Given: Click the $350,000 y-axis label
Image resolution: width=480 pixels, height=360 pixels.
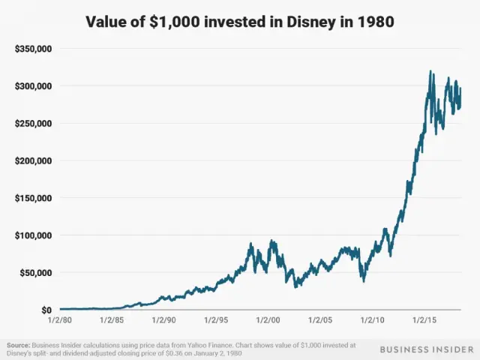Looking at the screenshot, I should click(34, 49).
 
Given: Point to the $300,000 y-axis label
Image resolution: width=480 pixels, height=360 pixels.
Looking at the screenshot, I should click(34, 86).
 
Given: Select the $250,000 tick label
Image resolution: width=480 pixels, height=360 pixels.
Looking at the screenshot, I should click(34, 123).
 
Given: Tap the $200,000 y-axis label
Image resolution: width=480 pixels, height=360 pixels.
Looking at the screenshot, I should click(34, 160).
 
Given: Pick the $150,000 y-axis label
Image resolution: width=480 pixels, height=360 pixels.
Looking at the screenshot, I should click(34, 198).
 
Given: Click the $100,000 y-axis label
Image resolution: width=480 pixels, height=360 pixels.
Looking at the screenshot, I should click(34, 235).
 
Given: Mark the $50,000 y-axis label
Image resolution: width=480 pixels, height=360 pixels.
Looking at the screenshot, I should click(36, 272).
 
